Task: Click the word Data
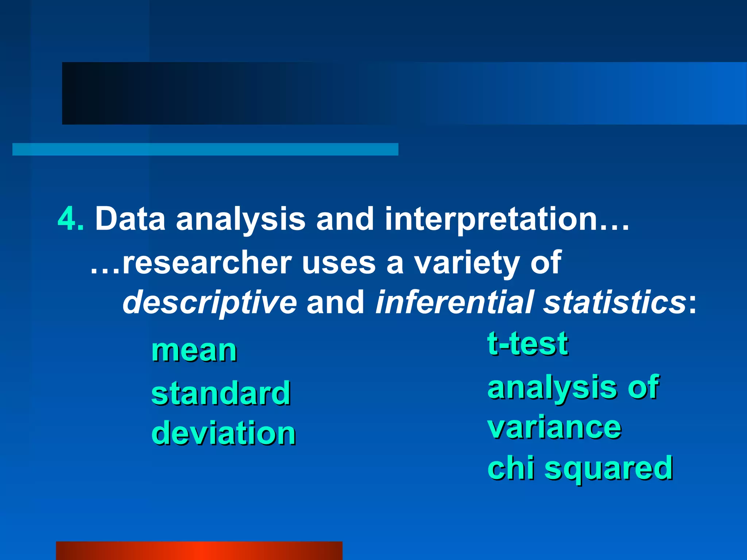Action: [130, 219]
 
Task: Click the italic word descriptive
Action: [209, 303]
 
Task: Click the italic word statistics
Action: [614, 302]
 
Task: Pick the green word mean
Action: [194, 351]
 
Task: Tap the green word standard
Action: [221, 393]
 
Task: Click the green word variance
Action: [554, 428]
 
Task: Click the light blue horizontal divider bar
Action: [205, 149]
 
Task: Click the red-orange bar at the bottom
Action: [199, 551]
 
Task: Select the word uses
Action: [339, 264]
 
